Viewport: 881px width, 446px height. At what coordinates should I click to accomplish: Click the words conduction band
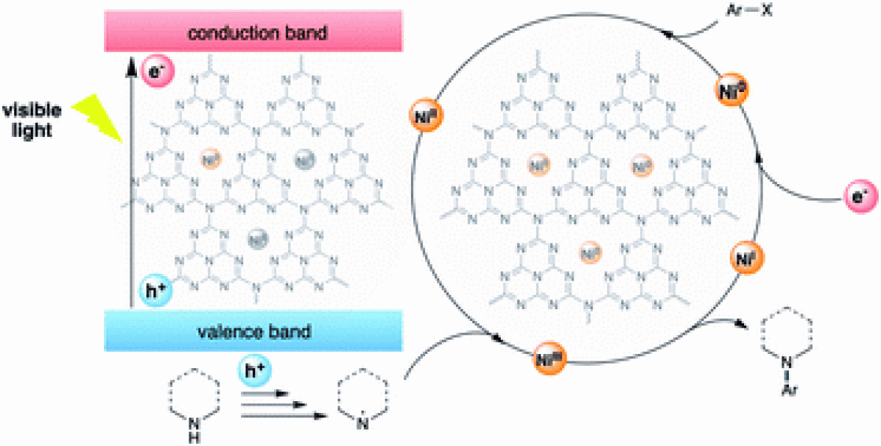[254, 34]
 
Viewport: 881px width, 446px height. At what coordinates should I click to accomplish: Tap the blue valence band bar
[254, 330]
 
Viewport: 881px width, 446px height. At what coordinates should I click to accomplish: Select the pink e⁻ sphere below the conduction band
[151, 73]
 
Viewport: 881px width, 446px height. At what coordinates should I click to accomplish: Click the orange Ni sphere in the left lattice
[210, 159]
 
